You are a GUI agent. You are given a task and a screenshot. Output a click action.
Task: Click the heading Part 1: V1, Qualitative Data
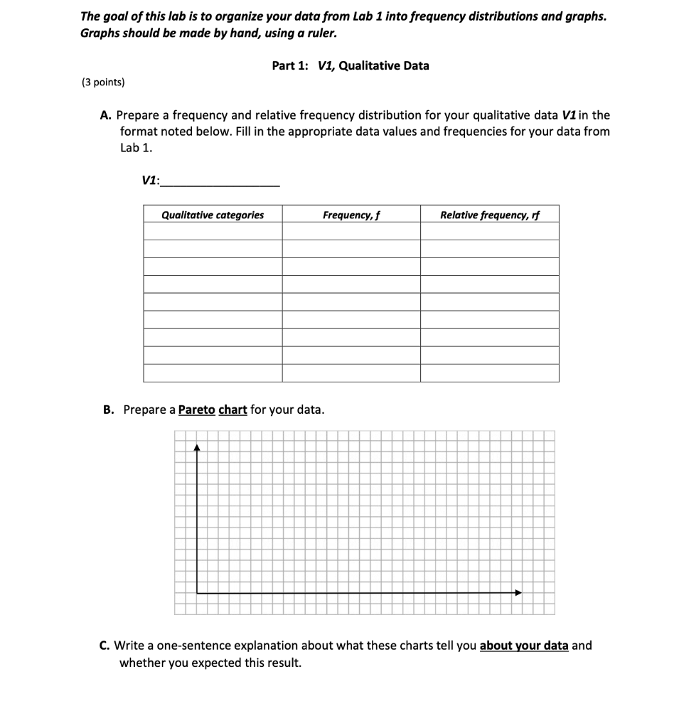pos(351,65)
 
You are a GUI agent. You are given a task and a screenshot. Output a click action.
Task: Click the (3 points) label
pos(104,82)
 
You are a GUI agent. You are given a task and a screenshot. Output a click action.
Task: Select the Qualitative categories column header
pos(213,215)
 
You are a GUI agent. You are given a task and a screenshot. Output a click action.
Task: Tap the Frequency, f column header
pos(351,215)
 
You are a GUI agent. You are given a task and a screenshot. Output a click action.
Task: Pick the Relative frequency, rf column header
pos(489,215)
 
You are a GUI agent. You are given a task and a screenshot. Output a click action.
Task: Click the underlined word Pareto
pos(197,410)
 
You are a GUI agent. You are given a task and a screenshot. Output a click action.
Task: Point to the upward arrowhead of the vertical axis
pos(197,448)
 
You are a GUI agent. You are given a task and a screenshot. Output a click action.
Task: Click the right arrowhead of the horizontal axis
pos(518,592)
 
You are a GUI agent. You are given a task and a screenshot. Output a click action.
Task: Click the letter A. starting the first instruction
pos(105,114)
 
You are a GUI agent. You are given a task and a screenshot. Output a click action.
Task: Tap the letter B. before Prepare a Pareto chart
pos(108,410)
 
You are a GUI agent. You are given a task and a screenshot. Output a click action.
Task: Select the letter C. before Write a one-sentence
pos(105,646)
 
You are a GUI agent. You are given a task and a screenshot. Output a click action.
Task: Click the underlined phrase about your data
pos(524,646)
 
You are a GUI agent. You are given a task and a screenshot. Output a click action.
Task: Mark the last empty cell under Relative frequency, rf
pos(489,373)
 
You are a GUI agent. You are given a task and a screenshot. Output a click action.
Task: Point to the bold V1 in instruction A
pos(569,114)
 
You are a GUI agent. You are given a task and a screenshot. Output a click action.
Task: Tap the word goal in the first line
pos(117,16)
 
